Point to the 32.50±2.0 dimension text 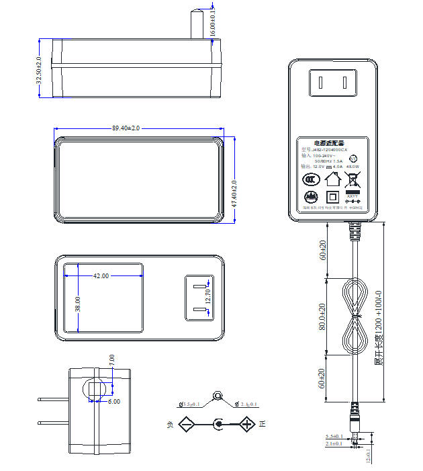(x=39, y=70)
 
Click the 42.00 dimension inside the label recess (x=101, y=275)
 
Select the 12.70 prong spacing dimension (x=207, y=296)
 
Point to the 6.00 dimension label (x=113, y=402)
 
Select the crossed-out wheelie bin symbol (x=352, y=179)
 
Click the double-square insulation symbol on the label (x=332, y=198)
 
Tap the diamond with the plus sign (x=247, y=424)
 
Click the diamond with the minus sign (x=186, y=424)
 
